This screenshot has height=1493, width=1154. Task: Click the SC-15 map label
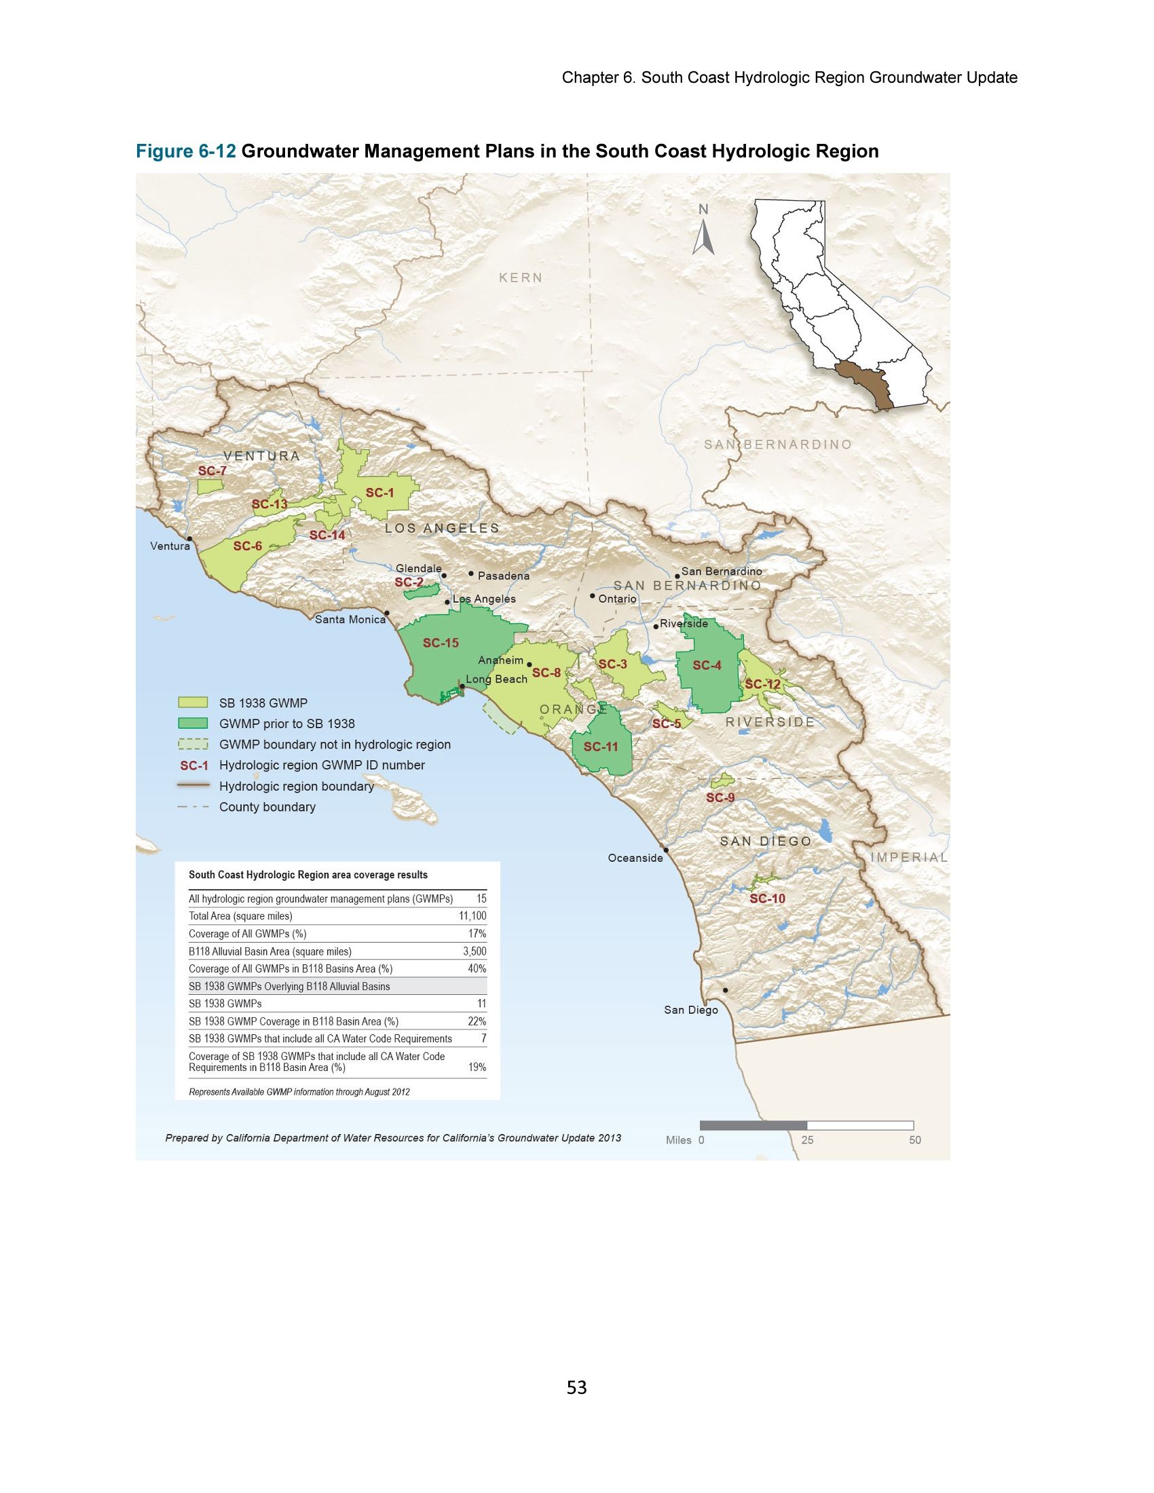coord(441,643)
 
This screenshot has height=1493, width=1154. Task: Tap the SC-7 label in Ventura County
coord(212,471)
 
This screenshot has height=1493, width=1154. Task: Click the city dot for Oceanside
coord(666,850)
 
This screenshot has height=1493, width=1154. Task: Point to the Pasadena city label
coord(503,575)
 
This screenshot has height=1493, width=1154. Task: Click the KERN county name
coord(520,278)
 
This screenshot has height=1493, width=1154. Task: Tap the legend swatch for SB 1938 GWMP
coord(192,703)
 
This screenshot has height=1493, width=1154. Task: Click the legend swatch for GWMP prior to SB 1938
coord(192,723)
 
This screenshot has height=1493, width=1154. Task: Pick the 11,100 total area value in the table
coord(472,916)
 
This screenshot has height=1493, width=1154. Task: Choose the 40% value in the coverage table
coord(477,968)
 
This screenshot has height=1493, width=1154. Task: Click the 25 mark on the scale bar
coord(807,1139)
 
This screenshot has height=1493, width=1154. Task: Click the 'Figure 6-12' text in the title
coord(186,151)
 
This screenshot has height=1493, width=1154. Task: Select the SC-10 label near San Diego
coord(767,899)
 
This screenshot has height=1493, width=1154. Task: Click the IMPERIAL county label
coord(908,857)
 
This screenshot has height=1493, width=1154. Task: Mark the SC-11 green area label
coord(600,746)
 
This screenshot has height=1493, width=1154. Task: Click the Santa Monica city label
coord(350,620)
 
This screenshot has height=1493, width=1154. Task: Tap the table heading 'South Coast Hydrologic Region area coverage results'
coord(308,874)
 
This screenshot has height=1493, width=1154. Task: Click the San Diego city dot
coord(726,990)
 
